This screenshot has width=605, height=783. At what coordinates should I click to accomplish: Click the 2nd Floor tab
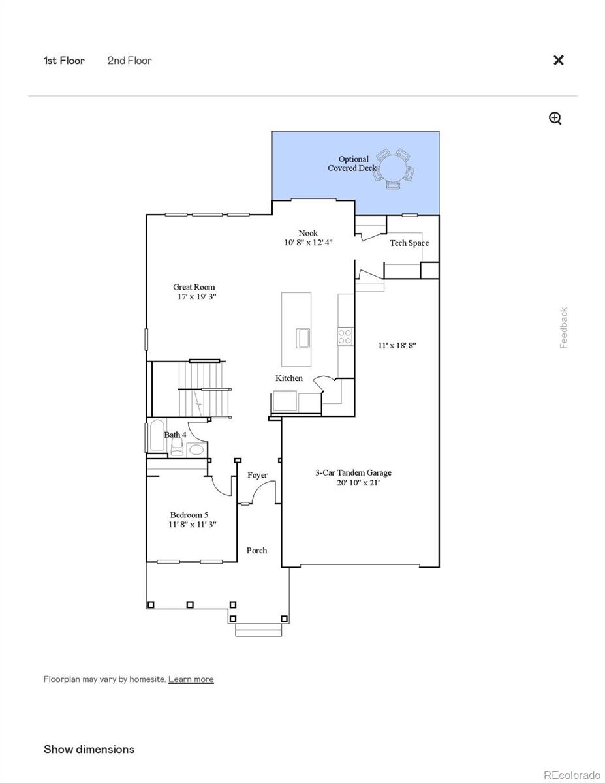tap(129, 61)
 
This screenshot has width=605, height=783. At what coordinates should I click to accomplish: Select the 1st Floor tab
tap(64, 61)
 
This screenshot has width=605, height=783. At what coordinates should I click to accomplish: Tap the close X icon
tap(559, 60)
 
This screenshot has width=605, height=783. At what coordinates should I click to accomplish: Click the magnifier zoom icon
tap(555, 118)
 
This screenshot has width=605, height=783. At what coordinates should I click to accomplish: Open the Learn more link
tap(191, 679)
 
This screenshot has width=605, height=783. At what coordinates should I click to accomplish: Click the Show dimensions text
tap(89, 749)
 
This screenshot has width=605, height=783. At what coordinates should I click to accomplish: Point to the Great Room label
tap(194, 287)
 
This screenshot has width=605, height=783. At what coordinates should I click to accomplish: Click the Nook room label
tap(308, 233)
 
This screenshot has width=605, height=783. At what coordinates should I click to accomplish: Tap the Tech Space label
tap(409, 243)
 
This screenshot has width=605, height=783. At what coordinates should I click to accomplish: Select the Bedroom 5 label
tap(189, 515)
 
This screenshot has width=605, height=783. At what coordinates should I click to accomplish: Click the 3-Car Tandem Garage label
tap(354, 473)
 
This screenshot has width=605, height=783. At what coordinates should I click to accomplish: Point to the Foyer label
tap(257, 475)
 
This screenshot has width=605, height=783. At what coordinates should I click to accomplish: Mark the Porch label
tap(256, 551)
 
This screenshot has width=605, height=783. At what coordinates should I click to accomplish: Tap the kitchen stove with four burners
tap(345, 337)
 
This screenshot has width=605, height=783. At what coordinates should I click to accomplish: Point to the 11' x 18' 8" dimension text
tap(397, 346)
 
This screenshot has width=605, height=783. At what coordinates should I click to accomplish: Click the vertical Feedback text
tap(564, 328)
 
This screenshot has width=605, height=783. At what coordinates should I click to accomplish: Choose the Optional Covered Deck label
tap(352, 164)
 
